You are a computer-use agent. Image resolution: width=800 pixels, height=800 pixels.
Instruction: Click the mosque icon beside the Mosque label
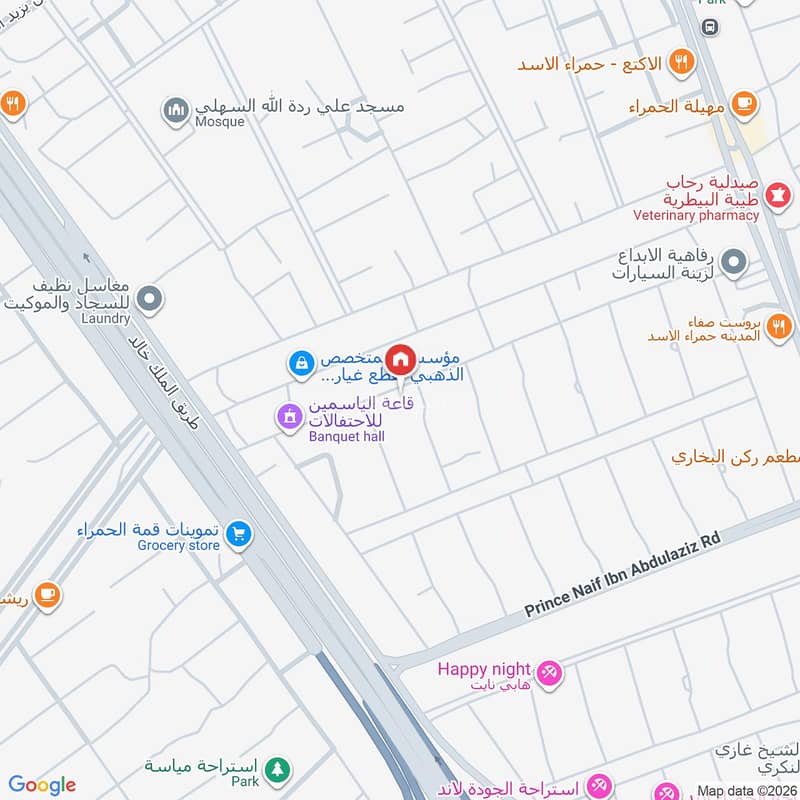pos(177,111)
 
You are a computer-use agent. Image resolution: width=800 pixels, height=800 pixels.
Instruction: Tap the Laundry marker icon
pos(150,297)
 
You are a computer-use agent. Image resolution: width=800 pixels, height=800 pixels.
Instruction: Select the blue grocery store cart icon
pos(238,535)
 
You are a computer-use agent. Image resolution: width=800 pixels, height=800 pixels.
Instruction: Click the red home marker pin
pos(401,359)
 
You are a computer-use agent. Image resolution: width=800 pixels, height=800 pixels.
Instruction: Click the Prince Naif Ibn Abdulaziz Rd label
pos(623,572)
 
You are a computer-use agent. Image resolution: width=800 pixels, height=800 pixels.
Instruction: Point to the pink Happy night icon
pos(548,674)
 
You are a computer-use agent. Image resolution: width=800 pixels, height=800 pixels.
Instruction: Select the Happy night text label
pos(476,669)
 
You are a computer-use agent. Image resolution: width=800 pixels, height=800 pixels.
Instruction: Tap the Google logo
pos(42,785)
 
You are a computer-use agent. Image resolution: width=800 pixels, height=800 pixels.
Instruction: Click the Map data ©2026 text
pos(747,790)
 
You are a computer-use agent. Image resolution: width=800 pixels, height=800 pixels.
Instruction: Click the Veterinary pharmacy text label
pos(696,215)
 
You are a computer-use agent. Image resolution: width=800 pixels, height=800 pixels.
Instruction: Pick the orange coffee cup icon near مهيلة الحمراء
pos(743,102)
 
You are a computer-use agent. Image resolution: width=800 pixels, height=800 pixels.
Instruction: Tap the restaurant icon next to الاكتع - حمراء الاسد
pos(682,62)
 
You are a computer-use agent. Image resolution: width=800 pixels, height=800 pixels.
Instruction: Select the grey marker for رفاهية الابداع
pos(734,264)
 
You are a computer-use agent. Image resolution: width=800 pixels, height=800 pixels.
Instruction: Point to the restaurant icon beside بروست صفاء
pos(779,325)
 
